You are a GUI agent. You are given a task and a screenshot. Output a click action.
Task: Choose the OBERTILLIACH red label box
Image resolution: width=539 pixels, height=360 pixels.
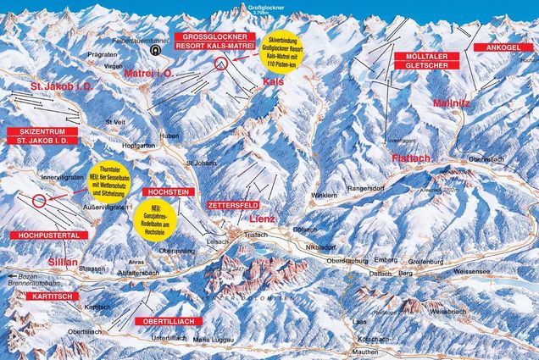(x=167, y=321)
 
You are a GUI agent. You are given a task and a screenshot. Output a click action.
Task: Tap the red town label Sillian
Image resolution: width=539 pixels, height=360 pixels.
(x=62, y=263)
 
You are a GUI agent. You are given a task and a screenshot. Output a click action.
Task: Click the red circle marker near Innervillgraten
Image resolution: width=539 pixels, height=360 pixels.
(x=39, y=202)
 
